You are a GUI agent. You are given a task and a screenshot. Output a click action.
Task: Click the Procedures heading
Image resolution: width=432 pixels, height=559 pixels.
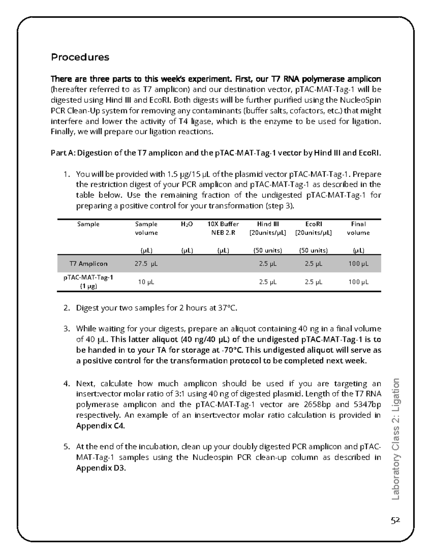click(x=80, y=57)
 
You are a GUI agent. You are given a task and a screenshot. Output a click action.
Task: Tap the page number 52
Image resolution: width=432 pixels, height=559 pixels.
click(x=396, y=520)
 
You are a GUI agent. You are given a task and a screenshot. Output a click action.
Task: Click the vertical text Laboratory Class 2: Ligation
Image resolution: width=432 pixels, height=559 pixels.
click(x=396, y=439)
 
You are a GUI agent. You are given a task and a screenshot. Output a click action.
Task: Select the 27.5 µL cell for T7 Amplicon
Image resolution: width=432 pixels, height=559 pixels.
click(x=146, y=264)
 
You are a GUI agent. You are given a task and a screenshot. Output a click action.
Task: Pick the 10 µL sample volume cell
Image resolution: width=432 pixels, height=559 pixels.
click(x=146, y=282)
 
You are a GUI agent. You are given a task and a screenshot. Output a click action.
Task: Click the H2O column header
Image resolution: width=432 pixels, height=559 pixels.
click(x=187, y=224)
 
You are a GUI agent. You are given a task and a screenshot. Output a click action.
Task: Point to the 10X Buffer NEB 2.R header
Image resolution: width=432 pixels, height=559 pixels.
click(x=223, y=228)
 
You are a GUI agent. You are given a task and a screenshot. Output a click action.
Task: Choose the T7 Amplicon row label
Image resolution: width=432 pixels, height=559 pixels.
click(x=89, y=264)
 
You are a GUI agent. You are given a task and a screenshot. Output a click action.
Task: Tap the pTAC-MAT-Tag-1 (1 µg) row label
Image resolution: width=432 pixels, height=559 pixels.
click(x=89, y=282)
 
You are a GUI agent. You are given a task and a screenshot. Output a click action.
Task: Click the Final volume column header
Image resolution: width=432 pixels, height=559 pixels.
click(x=358, y=228)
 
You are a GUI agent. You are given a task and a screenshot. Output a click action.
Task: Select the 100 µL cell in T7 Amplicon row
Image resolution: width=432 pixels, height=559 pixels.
click(x=358, y=264)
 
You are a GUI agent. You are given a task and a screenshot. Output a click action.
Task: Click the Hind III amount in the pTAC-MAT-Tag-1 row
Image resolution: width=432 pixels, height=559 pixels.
click(x=268, y=282)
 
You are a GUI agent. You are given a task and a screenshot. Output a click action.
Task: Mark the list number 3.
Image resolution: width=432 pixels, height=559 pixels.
click(x=66, y=329)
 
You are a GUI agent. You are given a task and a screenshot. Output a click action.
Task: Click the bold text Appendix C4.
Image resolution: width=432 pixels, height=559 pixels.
click(x=100, y=426)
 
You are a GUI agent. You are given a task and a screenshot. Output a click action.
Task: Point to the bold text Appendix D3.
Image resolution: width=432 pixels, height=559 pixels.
click(x=100, y=468)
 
